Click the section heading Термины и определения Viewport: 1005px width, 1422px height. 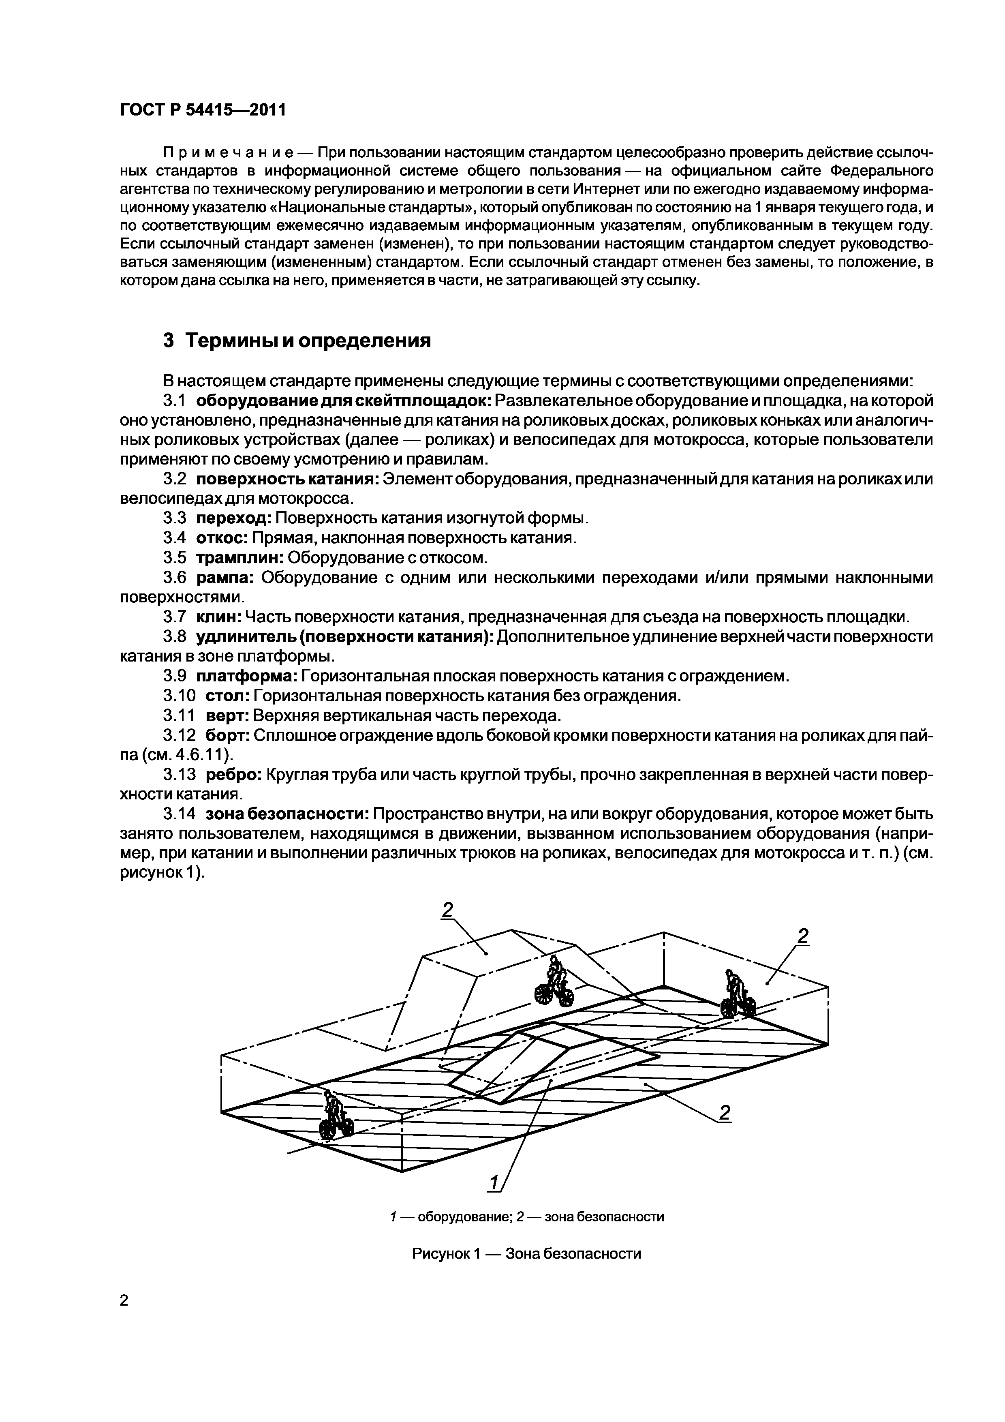(x=297, y=340)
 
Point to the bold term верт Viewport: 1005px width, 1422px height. (x=227, y=716)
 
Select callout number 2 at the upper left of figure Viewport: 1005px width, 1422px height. (x=447, y=909)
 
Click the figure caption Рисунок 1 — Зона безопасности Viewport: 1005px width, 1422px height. (x=526, y=1253)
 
